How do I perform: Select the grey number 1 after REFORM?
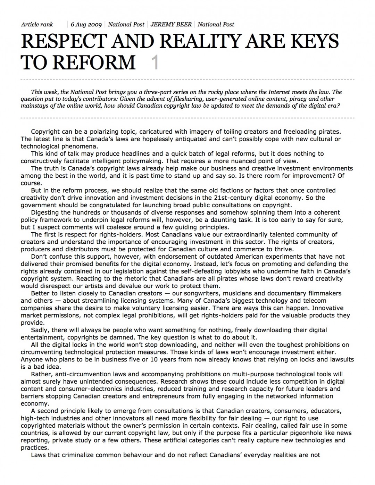point(155,62)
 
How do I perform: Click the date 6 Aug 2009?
point(86,24)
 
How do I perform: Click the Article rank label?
point(37,24)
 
